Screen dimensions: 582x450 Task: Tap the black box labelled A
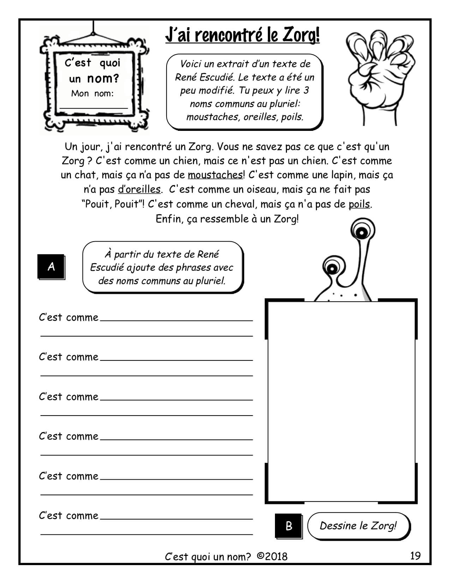tap(51, 267)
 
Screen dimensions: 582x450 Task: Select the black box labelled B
tap(289, 526)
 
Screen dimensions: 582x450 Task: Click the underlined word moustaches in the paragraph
tap(215, 175)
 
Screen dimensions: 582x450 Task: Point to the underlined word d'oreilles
tap(139, 189)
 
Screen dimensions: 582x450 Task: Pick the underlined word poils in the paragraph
tap(359, 204)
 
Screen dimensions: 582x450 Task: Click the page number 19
tap(415, 556)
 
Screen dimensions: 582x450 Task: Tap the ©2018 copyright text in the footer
tap(272, 557)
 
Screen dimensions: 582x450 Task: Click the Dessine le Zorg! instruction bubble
tap(358, 526)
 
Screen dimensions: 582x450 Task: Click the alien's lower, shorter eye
tap(332, 268)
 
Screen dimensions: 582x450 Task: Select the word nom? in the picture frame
tap(103, 78)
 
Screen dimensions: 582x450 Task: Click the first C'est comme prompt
tap(68, 317)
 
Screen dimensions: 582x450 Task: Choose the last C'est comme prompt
tap(68, 516)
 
